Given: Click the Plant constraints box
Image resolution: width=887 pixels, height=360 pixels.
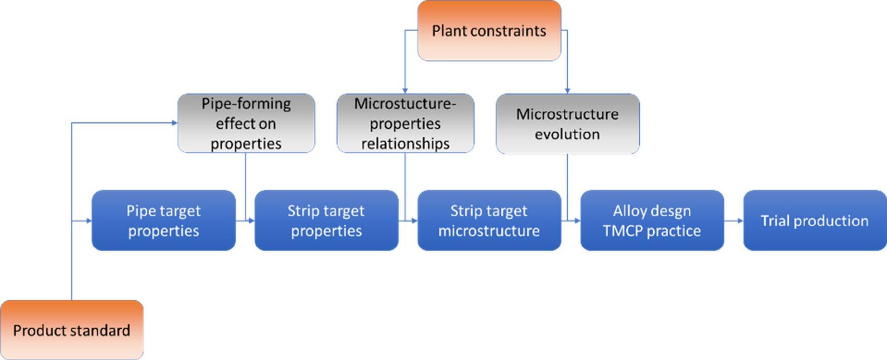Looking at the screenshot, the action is point(489,30).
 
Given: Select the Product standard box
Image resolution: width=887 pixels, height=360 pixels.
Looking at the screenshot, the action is point(72,330).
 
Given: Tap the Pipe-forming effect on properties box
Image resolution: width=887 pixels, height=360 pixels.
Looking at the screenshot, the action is point(246,123).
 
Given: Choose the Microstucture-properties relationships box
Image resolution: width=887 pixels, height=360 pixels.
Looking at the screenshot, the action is point(405,123).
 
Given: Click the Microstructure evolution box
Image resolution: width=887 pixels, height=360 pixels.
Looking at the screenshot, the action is point(568,124).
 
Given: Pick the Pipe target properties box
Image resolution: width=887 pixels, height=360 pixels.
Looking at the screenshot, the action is point(163,221).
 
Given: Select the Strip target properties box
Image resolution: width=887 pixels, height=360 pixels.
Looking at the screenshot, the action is point(326,221).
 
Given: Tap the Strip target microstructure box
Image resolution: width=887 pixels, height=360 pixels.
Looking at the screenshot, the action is point(489,221).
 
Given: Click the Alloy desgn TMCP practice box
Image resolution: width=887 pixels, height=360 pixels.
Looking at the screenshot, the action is point(652,221).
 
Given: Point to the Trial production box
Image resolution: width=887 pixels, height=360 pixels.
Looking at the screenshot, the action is point(815,221).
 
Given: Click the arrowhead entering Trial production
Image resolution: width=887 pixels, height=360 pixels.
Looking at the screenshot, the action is point(740,221).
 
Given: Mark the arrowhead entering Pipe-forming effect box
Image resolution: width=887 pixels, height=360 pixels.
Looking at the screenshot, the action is point(174,123).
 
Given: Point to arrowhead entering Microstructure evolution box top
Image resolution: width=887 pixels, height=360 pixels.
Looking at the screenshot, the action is point(567,91).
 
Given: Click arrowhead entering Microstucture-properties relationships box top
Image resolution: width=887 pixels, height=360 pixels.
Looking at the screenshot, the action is point(405,91).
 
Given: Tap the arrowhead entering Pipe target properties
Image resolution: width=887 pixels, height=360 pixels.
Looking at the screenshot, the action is point(89,221).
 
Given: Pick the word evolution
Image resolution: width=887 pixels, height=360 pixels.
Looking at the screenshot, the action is point(567,134).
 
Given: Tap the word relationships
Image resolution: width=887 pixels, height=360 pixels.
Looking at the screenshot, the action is point(405,144).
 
